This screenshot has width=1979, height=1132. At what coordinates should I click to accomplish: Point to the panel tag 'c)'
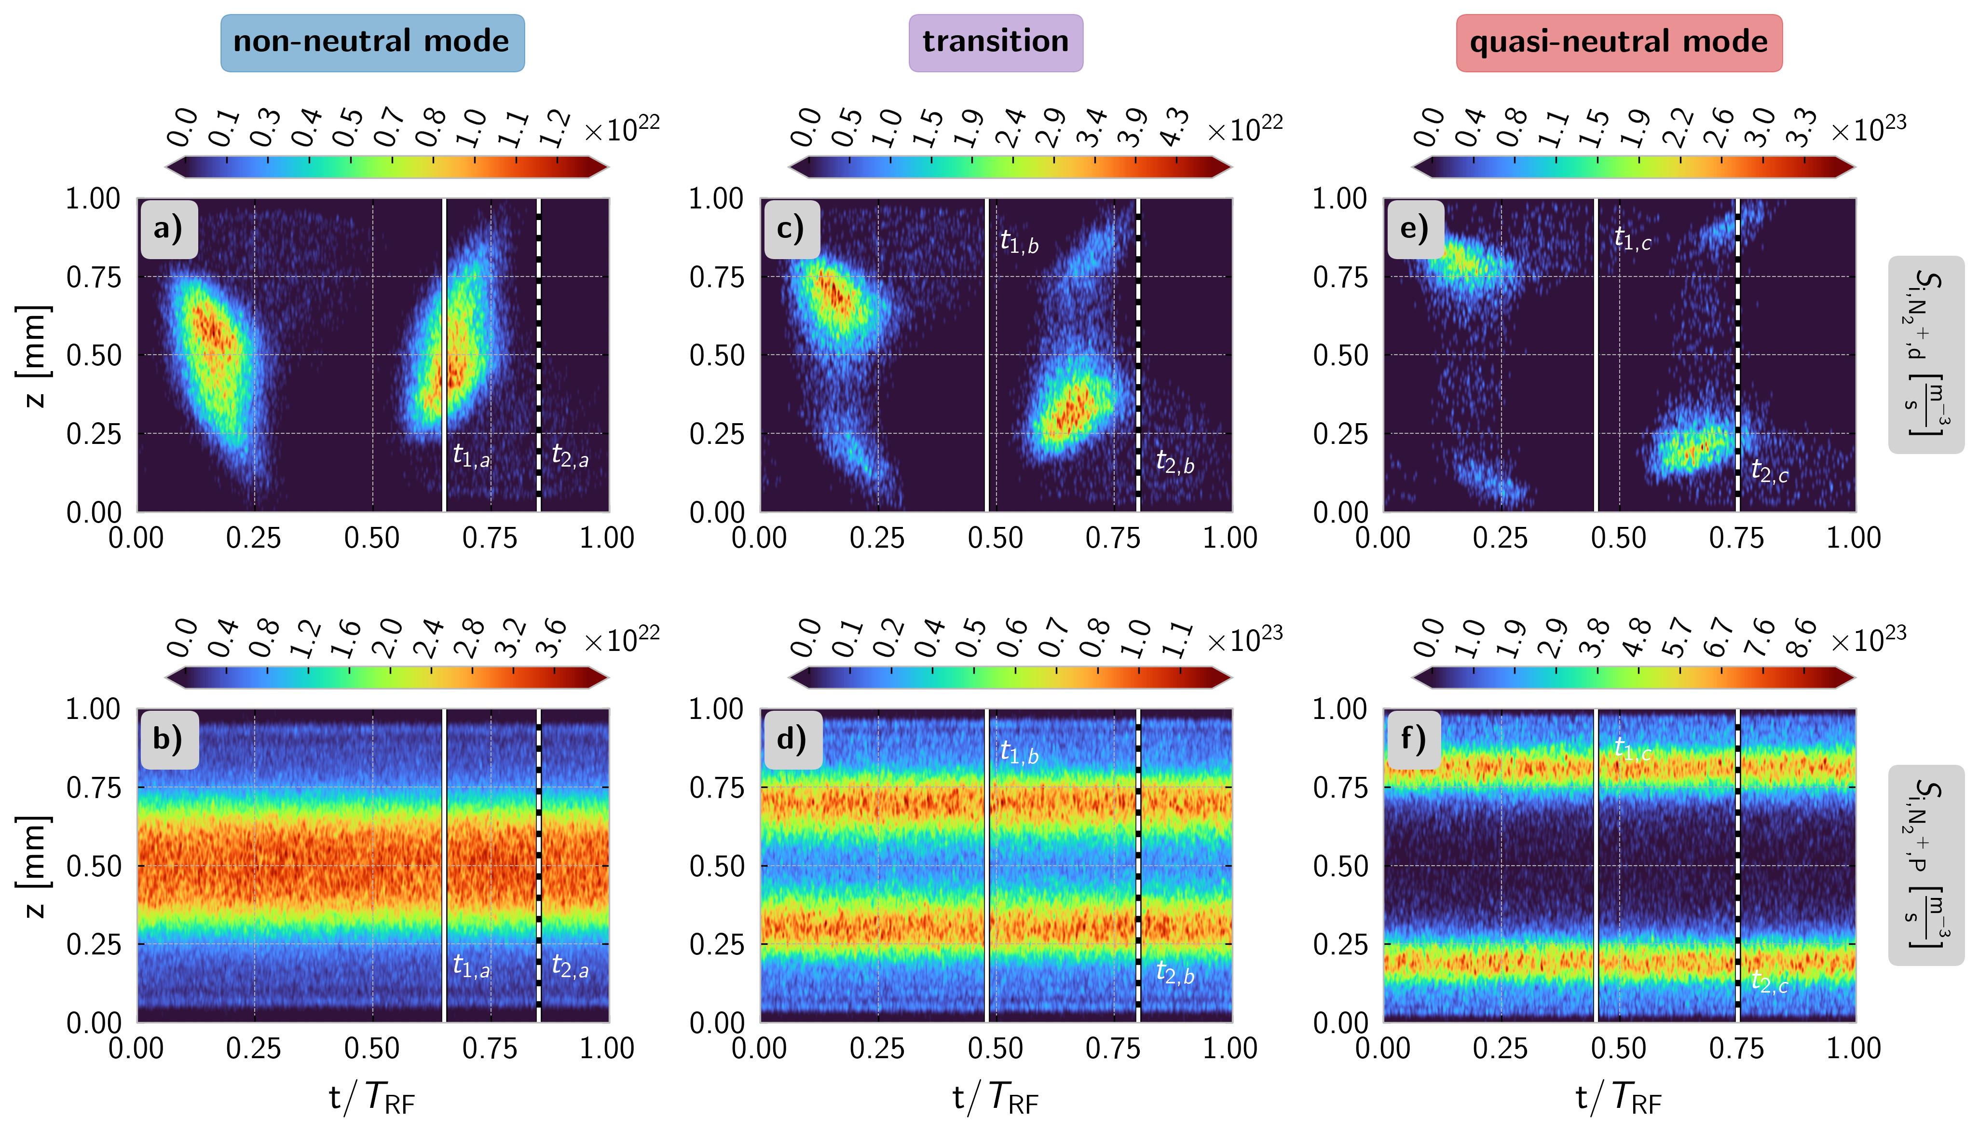click(791, 229)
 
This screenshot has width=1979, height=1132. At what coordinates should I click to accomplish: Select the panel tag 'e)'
click(1415, 229)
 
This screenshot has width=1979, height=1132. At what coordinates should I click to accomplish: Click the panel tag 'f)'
click(1415, 739)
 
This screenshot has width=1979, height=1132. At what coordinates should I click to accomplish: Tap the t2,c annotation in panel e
click(1769, 471)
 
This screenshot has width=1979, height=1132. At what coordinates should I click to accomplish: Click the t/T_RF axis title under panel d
click(996, 1098)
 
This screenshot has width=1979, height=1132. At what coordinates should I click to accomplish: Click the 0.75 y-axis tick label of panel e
click(1340, 277)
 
